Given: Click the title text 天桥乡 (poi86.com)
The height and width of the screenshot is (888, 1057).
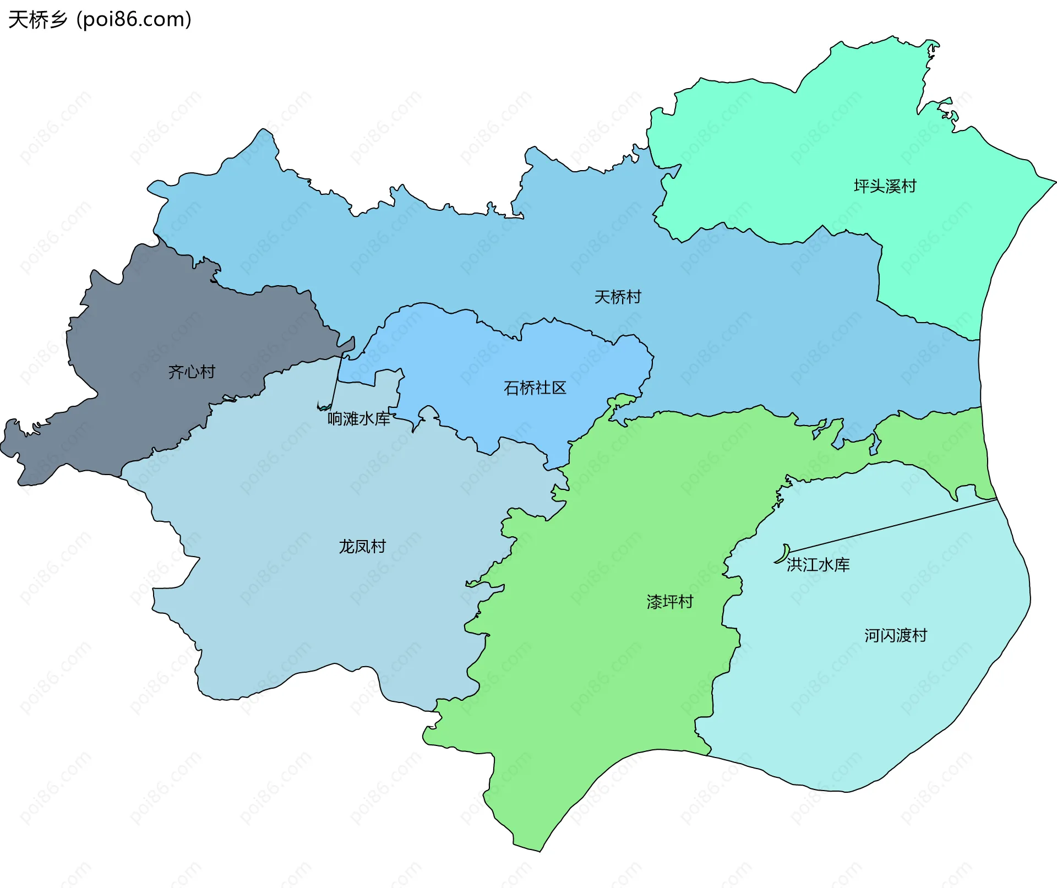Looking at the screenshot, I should pos(100,20).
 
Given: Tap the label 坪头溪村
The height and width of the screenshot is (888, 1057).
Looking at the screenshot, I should pos(885,186).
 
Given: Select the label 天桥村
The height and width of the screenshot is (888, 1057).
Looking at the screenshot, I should pos(618,297).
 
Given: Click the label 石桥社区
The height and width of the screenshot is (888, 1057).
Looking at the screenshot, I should pos(535,388).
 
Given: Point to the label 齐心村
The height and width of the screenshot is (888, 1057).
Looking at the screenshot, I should pos(192,372).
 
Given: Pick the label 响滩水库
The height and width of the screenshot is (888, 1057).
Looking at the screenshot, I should pos(358,419).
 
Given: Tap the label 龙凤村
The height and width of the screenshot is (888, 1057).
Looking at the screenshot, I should pos(362,547).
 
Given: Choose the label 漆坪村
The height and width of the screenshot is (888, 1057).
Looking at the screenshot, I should pos(669,602).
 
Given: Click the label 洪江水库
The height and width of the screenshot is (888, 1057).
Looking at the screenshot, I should pos(818,565).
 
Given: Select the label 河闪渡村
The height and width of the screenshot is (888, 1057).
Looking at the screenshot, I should pos(895,636).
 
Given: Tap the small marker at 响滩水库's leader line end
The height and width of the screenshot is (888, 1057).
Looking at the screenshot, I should pos(323,408).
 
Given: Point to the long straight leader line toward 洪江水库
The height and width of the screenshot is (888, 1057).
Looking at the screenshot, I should pos(892,526).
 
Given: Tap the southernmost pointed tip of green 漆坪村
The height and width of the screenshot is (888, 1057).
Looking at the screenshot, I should pos(540,851).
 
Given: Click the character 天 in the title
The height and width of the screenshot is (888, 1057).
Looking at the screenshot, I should pos(18,20).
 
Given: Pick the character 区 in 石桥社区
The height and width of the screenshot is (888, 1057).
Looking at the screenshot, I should pos(559,388).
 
